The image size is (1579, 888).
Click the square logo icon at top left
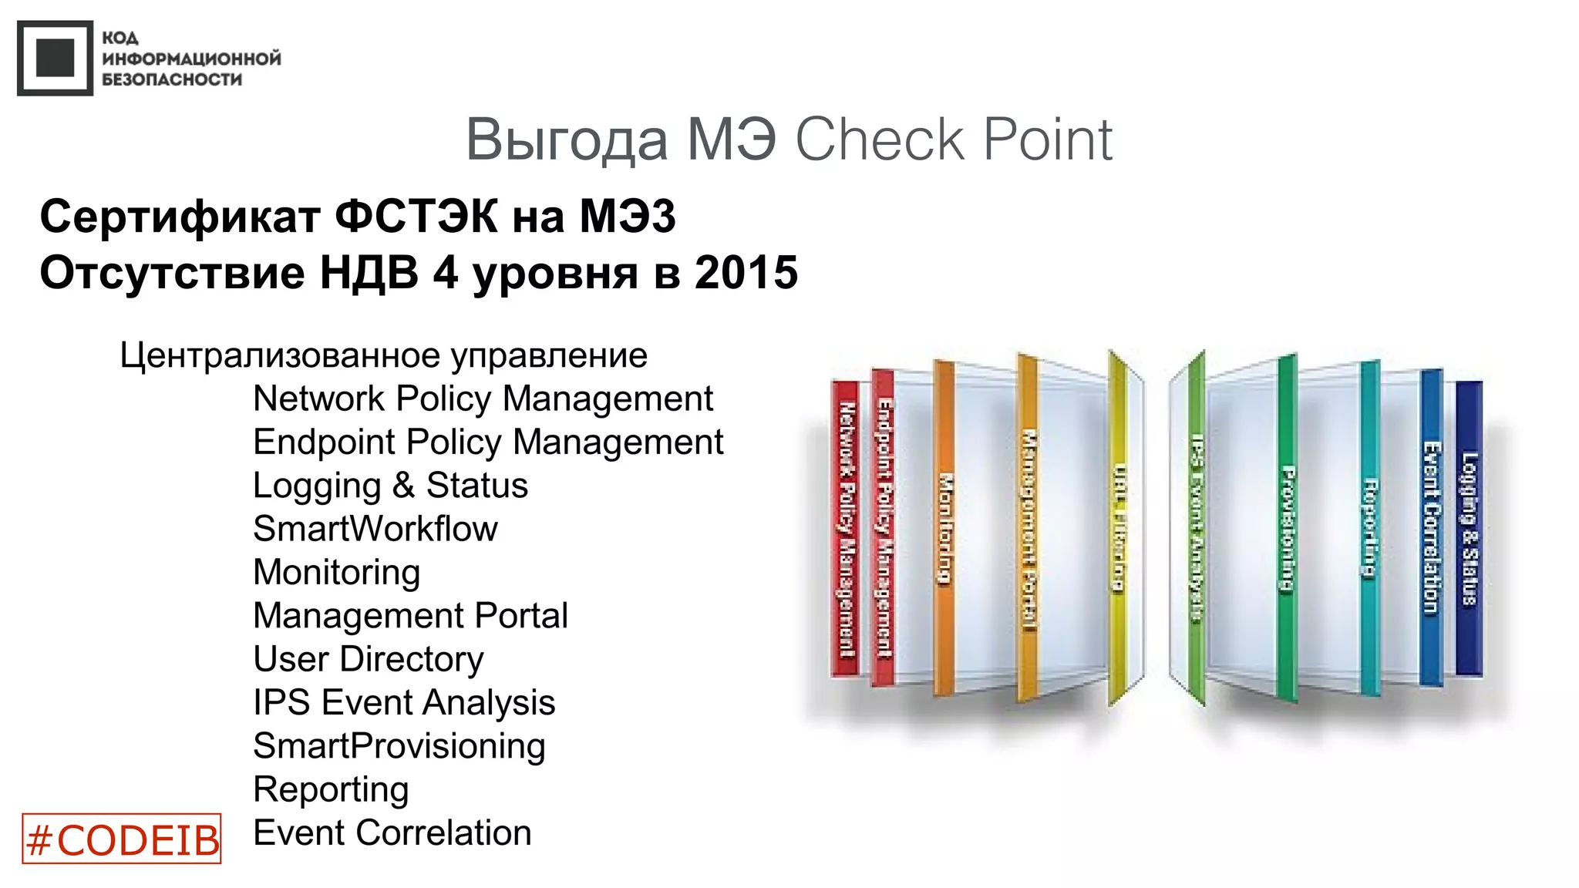pos(55,58)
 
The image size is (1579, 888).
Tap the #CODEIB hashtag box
pos(122,839)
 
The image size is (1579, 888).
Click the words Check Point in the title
pos(953,140)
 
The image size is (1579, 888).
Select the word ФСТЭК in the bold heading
pos(416,216)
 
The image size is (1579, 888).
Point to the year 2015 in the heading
pos(746,273)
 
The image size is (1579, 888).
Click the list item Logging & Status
pos(390,486)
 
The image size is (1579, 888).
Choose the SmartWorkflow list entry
pos(375,529)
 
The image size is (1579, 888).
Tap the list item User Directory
pos(368,659)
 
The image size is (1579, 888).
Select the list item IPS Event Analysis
pos(403,702)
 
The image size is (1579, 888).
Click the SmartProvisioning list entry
pos(399,746)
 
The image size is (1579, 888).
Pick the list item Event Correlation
pos(392,833)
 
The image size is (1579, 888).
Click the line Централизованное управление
pos(383,355)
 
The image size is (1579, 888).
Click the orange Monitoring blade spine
pos(944,529)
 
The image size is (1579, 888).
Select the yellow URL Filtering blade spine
pos(1118,528)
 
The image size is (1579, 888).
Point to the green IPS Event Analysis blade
pos(1196,528)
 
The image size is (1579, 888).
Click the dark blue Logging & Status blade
pos(1469,529)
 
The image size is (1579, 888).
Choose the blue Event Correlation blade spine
pos(1431,529)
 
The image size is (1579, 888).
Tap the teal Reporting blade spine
pos(1369,529)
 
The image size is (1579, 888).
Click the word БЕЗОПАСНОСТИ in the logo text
pos(172,79)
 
